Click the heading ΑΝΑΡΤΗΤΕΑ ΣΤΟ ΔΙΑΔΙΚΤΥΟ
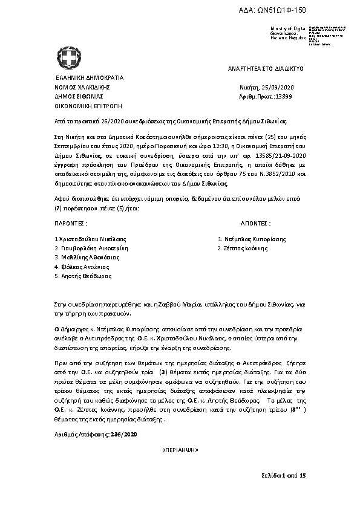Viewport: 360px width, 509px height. (261, 69)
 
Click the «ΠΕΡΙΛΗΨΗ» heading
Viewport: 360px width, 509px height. (180, 451)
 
